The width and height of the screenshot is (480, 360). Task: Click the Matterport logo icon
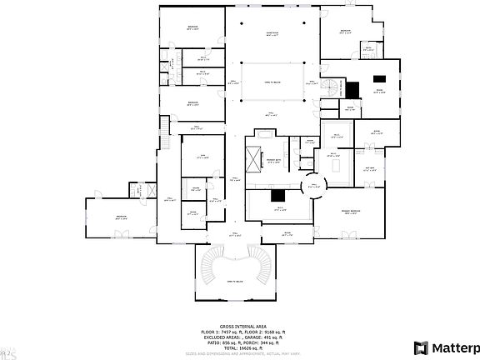[422, 347]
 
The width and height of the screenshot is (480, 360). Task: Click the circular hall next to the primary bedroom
[315, 187]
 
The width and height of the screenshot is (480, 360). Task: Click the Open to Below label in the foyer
[238, 282]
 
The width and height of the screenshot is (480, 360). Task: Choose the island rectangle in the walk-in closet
[338, 165]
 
